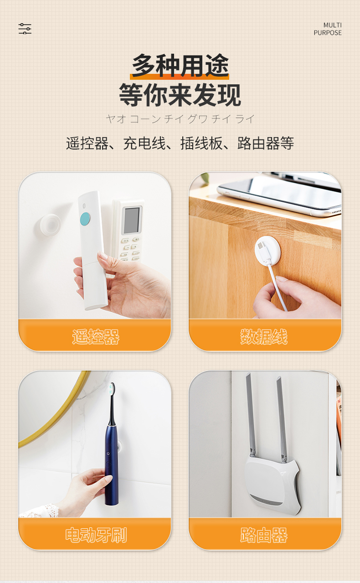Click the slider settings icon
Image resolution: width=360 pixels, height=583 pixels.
25,29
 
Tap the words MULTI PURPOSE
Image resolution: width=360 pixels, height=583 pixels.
328,29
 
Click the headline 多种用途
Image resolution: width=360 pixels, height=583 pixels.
180,66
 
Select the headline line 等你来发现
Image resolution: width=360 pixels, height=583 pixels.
180,95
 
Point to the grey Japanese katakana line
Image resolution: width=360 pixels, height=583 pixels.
180,119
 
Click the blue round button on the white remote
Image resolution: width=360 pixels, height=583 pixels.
85,219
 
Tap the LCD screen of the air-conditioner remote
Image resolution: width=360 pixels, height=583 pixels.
132,220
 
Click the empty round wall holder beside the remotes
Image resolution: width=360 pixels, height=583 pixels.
50,225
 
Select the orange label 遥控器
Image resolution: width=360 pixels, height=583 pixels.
95,337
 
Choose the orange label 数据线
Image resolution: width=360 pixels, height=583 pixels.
264,337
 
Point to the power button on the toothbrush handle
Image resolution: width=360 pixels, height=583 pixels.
108,454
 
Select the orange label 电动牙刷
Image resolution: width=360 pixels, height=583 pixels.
96,535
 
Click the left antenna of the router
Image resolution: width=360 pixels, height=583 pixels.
250,414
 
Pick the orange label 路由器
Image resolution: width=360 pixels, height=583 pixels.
264,535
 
